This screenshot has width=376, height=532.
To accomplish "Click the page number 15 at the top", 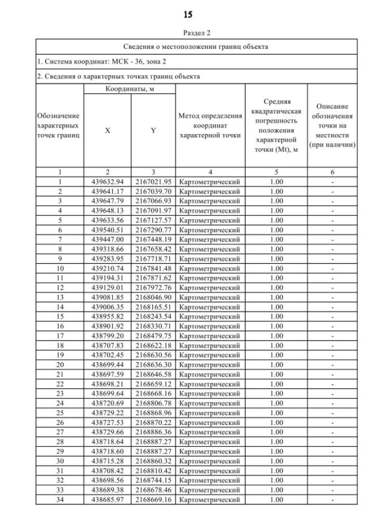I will coord(187,14).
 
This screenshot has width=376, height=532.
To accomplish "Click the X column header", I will coord(108,131).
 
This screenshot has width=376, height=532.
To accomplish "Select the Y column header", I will coord(153,131).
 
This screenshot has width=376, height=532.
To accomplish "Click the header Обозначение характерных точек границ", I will coord(59,125).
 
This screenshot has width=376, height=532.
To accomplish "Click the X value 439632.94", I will coord(108,182).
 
